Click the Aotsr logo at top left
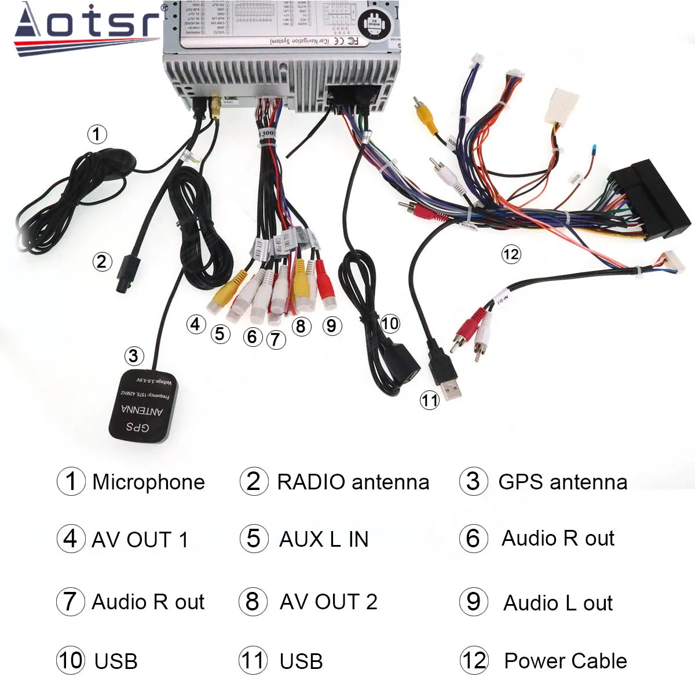click(x=87, y=26)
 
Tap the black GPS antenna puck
click(x=143, y=405)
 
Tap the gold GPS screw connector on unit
click(x=217, y=109)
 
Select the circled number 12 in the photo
click(x=511, y=254)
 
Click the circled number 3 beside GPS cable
click(x=133, y=356)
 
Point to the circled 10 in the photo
click(x=390, y=323)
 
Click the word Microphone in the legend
click(x=148, y=482)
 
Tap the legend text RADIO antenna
click(x=353, y=482)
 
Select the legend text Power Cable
click(x=565, y=661)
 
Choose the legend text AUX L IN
click(x=324, y=539)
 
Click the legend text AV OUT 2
click(x=328, y=602)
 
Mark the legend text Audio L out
click(x=558, y=603)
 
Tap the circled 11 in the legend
click(x=253, y=660)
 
